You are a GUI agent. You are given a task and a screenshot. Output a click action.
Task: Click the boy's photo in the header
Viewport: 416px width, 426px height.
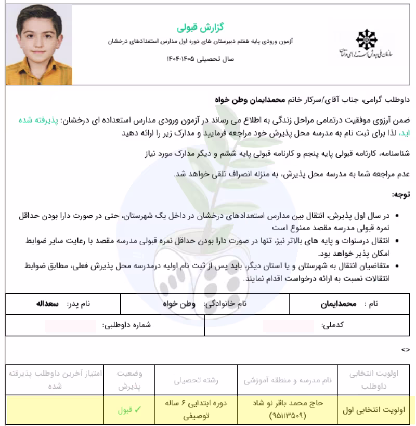click(x=39, y=45)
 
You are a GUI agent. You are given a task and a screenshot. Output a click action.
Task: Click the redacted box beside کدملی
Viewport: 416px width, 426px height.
click(x=288, y=326)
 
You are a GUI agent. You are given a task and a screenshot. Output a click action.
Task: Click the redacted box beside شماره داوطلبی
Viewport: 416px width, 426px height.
click(x=70, y=326)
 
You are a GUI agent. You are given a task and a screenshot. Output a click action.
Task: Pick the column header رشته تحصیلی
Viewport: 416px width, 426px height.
click(x=196, y=380)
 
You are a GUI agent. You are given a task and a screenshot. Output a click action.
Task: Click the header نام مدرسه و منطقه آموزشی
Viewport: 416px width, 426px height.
click(x=288, y=380)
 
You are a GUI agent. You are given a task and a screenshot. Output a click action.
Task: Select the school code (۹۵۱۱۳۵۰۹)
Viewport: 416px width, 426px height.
click(x=288, y=416)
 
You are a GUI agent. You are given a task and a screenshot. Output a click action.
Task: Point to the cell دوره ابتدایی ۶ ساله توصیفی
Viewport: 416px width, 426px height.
click(x=197, y=410)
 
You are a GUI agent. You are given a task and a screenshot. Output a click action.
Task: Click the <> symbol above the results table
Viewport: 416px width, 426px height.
click(x=406, y=350)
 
